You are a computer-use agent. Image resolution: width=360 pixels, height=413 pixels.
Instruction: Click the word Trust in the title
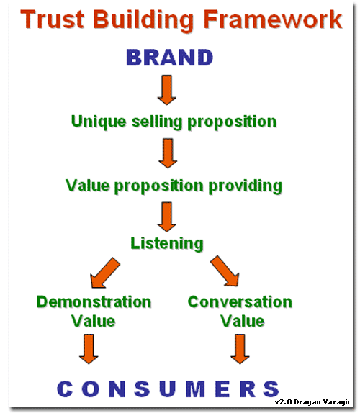click(52, 19)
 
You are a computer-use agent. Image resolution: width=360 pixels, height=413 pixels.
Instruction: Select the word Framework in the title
click(273, 19)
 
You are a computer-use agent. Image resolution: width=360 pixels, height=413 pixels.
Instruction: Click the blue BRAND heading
click(170, 58)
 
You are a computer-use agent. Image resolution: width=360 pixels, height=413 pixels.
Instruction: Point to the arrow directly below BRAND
click(167, 90)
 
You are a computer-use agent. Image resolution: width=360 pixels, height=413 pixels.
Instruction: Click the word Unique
click(99, 122)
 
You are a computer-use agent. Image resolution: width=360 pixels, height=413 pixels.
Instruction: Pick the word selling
click(157, 122)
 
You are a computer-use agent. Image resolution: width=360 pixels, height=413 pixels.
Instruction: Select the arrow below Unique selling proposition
click(168, 153)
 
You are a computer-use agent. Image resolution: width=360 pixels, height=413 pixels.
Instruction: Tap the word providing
click(246, 186)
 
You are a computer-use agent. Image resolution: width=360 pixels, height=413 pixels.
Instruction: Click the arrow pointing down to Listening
click(166, 217)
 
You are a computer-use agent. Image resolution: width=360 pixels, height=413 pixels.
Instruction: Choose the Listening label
click(167, 243)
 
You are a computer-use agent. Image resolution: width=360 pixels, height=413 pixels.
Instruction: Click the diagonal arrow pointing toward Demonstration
click(105, 273)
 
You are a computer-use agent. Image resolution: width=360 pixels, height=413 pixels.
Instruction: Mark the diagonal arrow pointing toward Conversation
click(225, 271)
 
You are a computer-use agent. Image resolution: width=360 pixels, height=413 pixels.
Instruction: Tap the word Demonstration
click(94, 302)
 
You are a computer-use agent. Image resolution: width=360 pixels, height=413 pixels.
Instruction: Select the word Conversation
click(240, 302)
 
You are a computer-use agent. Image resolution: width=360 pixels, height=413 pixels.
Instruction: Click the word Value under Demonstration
click(94, 321)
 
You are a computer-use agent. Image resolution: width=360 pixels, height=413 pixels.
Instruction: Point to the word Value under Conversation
click(242, 321)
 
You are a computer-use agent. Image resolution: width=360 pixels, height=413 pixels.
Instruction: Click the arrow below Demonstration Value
click(89, 349)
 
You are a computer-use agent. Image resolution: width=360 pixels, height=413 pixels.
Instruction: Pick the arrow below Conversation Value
click(240, 349)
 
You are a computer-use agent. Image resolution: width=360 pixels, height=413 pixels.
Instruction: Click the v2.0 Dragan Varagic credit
click(312, 402)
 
